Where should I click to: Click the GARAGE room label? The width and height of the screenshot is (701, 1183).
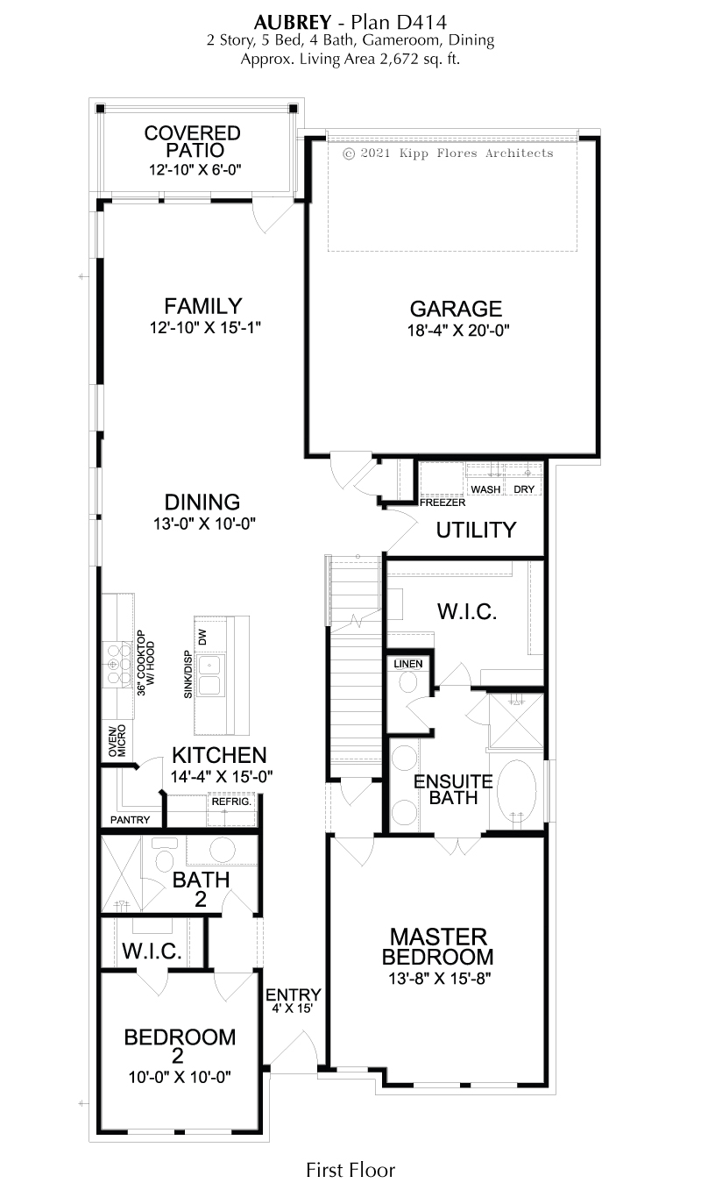456,309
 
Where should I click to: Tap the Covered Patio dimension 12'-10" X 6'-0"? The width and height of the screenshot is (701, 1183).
195,169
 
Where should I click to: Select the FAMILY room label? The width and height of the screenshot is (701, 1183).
202,306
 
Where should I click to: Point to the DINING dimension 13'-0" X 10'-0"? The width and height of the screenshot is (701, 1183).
204,524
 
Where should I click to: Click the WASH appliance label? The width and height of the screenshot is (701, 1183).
485,489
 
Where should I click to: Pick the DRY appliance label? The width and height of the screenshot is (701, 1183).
524,489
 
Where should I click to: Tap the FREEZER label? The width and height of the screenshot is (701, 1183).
443,502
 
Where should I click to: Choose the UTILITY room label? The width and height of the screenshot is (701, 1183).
476,531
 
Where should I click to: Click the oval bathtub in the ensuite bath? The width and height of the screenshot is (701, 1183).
516,792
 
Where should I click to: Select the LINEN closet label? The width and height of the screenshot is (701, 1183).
408,664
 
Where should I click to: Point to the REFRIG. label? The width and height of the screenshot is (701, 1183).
231,802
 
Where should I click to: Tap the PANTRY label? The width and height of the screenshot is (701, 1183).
130,820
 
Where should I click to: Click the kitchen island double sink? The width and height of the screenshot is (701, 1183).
210,675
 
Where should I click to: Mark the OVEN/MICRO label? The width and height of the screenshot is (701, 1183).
117,740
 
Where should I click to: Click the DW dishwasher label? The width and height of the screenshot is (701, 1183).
202,637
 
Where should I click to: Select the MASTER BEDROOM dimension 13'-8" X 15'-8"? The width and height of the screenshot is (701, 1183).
440,979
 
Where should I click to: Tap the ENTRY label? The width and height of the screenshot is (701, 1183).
293,995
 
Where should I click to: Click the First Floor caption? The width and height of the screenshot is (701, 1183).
350,1170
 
